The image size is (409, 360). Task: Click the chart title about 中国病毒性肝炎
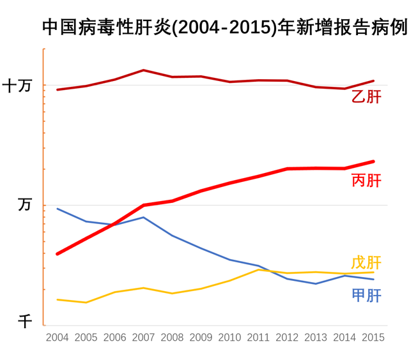(224, 27)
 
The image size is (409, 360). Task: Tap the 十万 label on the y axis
(17, 86)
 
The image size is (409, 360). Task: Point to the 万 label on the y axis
(24, 205)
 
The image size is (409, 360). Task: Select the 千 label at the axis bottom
(24, 321)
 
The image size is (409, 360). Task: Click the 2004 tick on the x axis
(58, 338)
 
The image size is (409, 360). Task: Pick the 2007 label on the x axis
(144, 338)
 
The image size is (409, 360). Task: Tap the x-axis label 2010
(229, 338)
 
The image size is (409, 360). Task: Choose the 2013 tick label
(316, 338)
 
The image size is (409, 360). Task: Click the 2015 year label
(373, 338)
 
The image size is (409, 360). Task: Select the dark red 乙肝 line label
(366, 97)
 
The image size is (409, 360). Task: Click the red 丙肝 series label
(366, 181)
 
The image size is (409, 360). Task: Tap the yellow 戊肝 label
(366, 262)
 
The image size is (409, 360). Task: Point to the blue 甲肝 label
(366, 296)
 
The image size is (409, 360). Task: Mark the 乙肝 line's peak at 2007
(144, 70)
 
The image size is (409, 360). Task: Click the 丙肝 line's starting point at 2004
(58, 254)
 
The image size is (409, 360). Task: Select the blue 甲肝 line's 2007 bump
(144, 218)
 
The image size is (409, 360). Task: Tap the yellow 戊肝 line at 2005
(86, 303)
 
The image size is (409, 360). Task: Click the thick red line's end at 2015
(373, 161)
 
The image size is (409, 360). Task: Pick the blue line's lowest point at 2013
(316, 283)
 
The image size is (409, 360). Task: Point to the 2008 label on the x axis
(173, 338)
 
